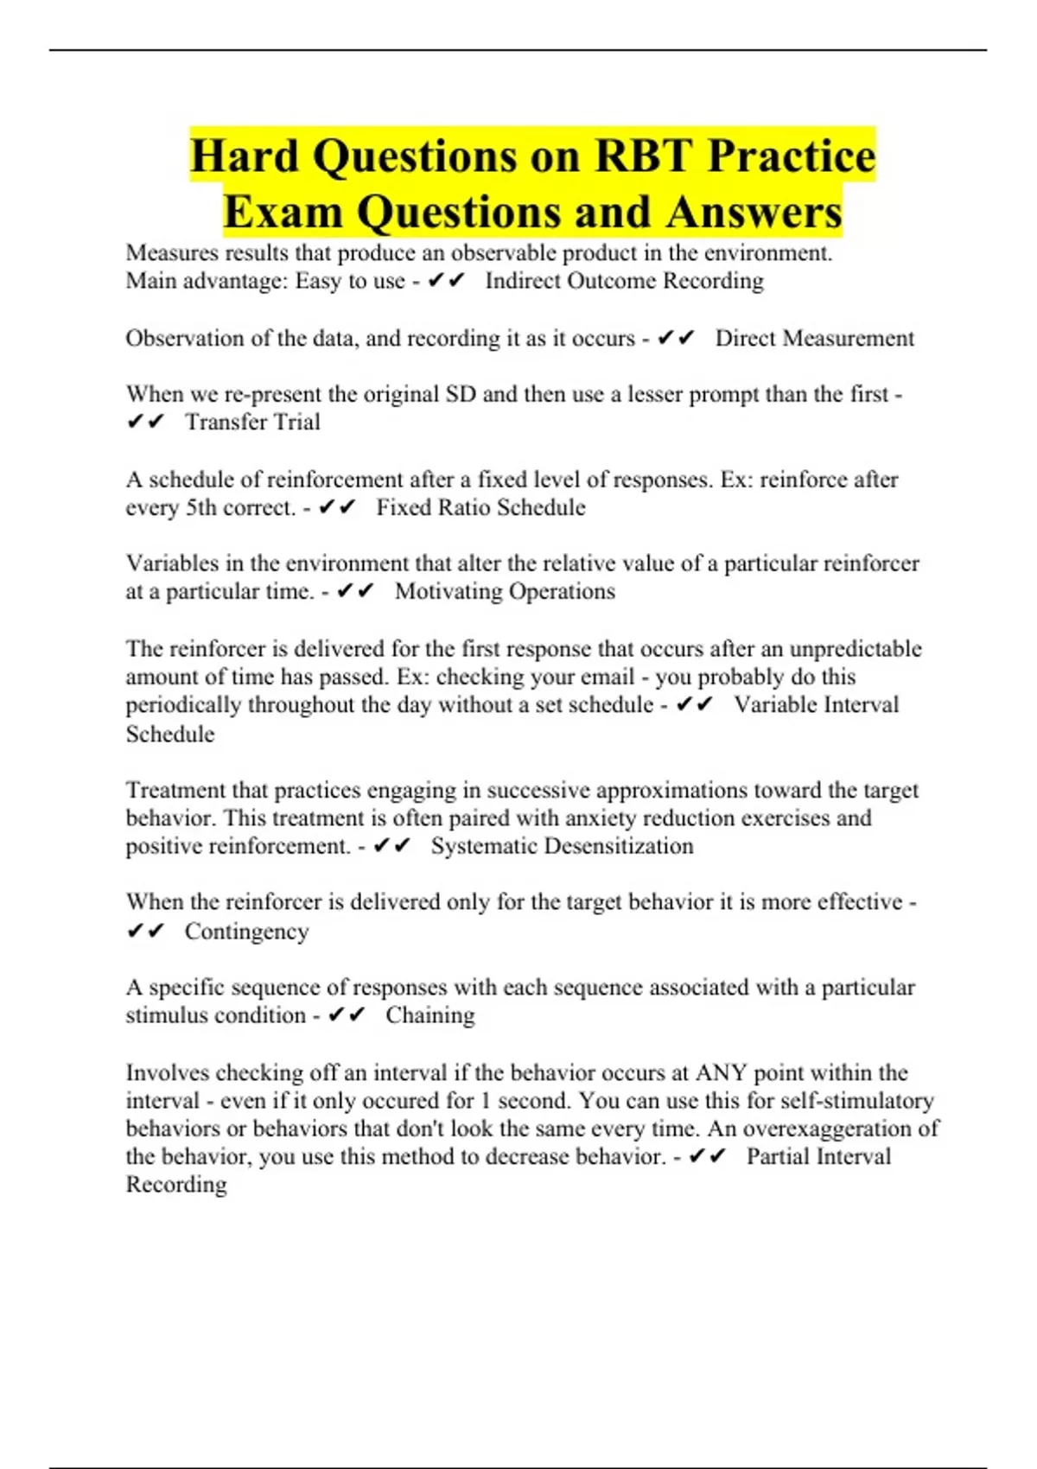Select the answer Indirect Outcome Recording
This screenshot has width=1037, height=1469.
pos(624,281)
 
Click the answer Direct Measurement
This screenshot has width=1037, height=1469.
pos(814,338)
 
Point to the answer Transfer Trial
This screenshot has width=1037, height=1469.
pos(252,422)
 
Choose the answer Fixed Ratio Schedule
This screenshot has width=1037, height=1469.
pos(480,507)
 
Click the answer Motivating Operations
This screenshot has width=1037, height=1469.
pos(505,591)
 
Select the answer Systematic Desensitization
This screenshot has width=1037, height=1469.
pos(562,846)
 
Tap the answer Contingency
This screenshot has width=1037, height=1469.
pos(246,932)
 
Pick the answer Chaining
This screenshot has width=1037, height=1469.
pos(429,1015)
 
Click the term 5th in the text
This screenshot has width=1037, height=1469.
pos(201,507)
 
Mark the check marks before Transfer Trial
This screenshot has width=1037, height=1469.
pos(145,422)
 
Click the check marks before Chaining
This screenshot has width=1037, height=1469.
pos(347,1015)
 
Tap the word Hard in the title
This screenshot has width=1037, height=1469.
pos(245,156)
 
